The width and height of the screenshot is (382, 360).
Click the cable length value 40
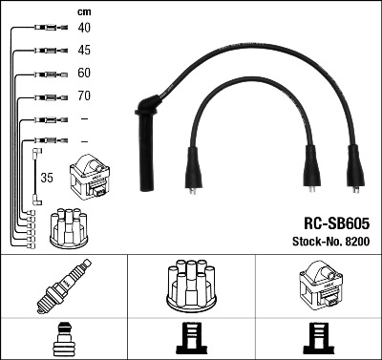[85, 27]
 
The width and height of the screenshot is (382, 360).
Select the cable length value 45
[85, 50]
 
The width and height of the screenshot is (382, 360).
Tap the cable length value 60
[85, 73]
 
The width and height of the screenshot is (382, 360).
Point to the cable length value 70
[85, 95]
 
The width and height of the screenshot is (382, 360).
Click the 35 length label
[45, 178]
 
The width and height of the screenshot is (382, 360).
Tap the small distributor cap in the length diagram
[72, 224]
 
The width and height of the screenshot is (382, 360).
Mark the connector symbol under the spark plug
[63, 340]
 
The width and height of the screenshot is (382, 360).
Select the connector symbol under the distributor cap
[191, 340]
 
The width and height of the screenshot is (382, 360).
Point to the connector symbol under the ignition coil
[318, 340]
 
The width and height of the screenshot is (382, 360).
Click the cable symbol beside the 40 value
[45, 28]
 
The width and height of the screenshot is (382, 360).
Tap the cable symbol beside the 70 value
[45, 96]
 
